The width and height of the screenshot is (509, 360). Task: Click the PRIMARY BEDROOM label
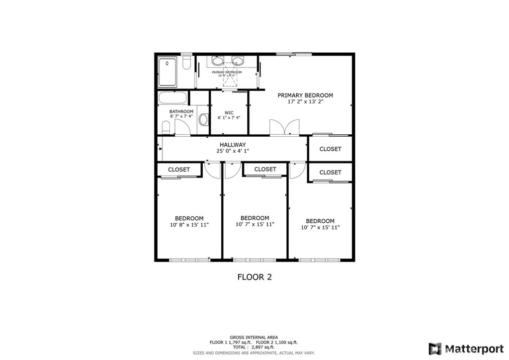305,95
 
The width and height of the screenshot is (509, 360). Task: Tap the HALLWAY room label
233,145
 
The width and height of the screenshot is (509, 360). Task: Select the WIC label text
229,112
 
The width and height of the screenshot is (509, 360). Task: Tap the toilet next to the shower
186,63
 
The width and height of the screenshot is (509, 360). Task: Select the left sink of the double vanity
217,61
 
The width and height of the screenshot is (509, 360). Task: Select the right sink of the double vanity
238,61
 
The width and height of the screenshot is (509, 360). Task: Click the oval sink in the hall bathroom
203,120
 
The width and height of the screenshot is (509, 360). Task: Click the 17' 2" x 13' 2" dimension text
305,102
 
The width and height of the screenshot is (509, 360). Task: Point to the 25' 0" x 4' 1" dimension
233,151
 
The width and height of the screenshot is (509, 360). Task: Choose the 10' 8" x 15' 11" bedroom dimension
189,225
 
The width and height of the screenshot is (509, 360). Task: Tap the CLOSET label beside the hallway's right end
330,149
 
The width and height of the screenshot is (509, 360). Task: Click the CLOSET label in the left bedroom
178,170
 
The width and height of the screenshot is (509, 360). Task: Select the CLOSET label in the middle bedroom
265,169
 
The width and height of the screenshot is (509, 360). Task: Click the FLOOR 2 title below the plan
254,277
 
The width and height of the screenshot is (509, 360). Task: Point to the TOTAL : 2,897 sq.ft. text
254,347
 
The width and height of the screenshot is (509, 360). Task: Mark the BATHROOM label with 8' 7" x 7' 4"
181,111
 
